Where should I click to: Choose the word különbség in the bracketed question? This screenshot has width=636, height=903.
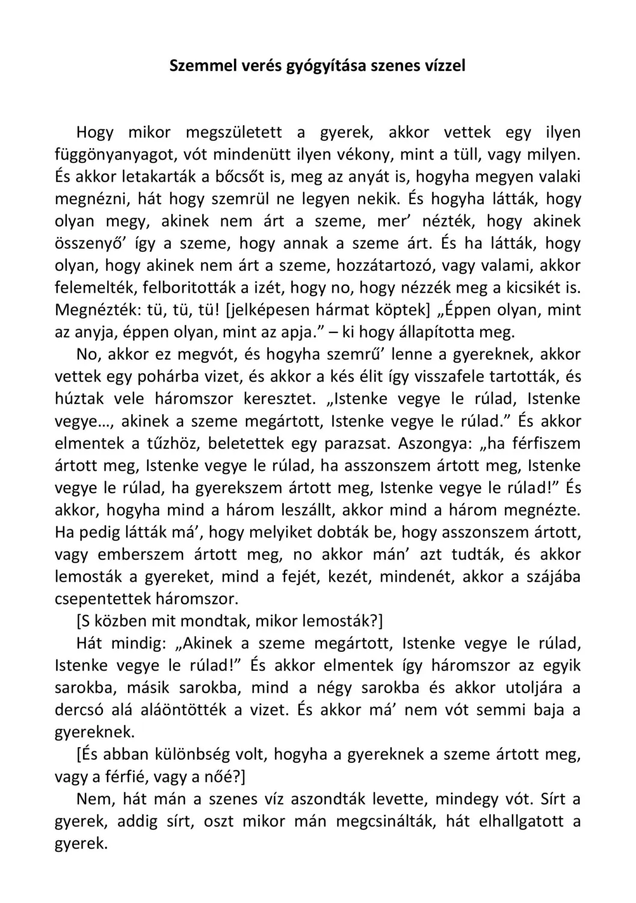[200, 754]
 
